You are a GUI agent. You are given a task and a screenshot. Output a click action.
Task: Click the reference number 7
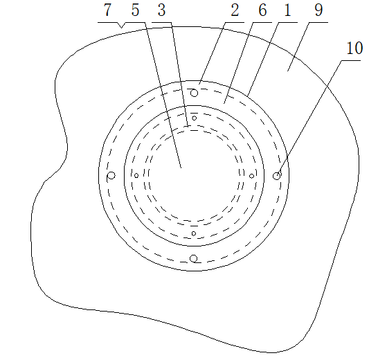click(x=107, y=10)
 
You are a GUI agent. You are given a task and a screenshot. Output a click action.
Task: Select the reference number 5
click(x=135, y=10)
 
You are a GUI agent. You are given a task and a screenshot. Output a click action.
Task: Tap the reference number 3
click(x=161, y=10)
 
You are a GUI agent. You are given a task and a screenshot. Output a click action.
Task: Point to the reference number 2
click(x=235, y=10)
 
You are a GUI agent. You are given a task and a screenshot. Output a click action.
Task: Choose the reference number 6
click(x=262, y=10)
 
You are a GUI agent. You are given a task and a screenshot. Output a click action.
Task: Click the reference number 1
click(x=287, y=10)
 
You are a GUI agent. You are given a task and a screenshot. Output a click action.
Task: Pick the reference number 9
click(x=318, y=10)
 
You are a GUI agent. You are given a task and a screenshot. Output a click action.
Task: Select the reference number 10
click(x=354, y=48)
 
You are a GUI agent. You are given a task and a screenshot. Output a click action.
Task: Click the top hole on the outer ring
click(x=194, y=93)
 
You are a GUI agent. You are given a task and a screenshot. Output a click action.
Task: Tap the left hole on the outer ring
click(x=111, y=176)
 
